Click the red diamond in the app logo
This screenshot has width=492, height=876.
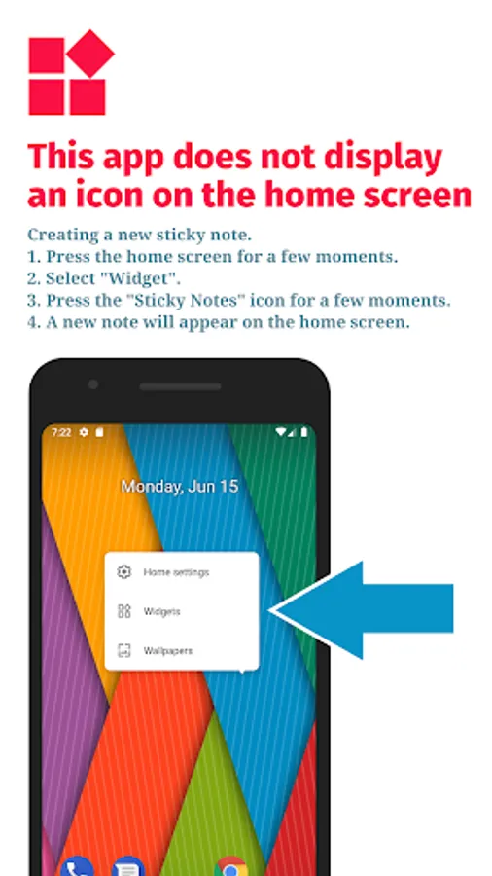click(x=91, y=54)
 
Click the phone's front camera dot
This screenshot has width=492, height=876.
click(x=93, y=384)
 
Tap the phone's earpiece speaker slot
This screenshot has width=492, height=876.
click(x=180, y=386)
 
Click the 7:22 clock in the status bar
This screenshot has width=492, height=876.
click(x=61, y=432)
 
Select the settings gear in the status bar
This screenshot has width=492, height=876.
click(x=84, y=432)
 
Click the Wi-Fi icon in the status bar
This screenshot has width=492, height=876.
click(x=281, y=432)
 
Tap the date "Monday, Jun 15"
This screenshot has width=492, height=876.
click(x=180, y=486)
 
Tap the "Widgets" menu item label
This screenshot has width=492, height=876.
click(x=161, y=612)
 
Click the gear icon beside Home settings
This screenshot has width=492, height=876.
click(x=123, y=572)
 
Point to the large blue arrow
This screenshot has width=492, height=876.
click(x=363, y=609)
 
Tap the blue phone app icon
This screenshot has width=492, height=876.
click(x=77, y=866)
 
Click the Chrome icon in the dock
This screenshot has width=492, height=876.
click(x=231, y=866)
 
